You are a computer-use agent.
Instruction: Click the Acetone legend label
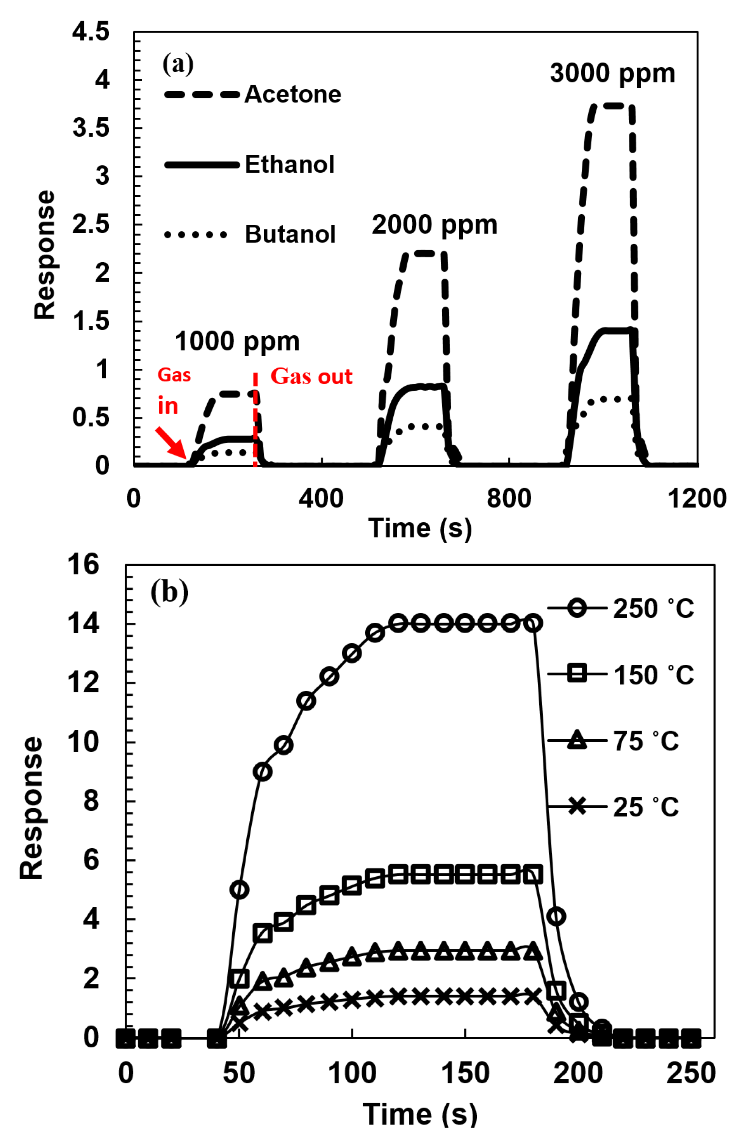pyautogui.click(x=292, y=94)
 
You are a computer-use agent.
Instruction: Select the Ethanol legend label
pyautogui.click(x=289, y=165)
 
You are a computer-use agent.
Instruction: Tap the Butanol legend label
pyautogui.click(x=290, y=235)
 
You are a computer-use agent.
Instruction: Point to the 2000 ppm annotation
pyautogui.click(x=434, y=225)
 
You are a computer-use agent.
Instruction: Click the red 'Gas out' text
pyautogui.click(x=312, y=377)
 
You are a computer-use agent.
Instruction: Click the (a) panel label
pyautogui.click(x=178, y=64)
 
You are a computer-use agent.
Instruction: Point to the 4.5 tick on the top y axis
pyautogui.click(x=91, y=32)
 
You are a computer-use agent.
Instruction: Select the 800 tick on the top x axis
pyautogui.click(x=509, y=499)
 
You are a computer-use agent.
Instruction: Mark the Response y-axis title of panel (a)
pyautogui.click(x=45, y=255)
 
